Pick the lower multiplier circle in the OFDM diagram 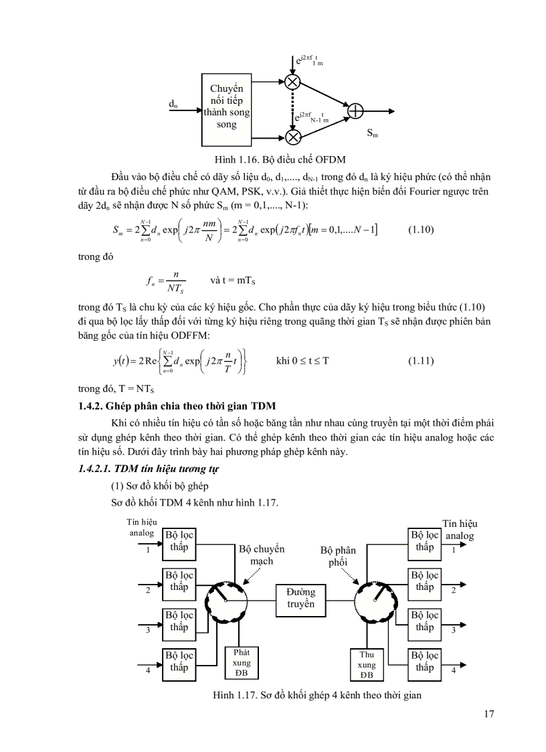coord(293,137)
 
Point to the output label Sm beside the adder coord(372,134)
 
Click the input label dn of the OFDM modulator coord(173,104)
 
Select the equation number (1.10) coord(421,230)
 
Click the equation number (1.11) coord(421,360)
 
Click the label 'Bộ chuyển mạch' coord(262,555)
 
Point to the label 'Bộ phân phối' coord(338,556)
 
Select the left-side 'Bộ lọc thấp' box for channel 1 coord(179,541)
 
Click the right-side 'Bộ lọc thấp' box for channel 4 coord(424,662)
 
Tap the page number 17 coord(488,714)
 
